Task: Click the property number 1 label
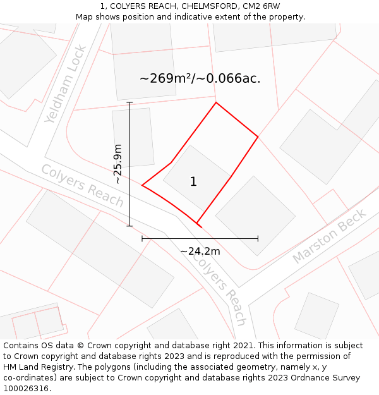point(193,182)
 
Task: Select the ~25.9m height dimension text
point(117,164)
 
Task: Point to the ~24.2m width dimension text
point(200,251)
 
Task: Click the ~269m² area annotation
point(200,79)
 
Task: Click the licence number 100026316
point(27,389)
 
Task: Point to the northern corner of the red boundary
point(216,102)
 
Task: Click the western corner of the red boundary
point(142,185)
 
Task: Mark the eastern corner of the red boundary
point(258,136)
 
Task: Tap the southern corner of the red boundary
point(198,224)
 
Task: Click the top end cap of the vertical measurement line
point(129,102)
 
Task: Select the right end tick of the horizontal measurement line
point(258,239)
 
